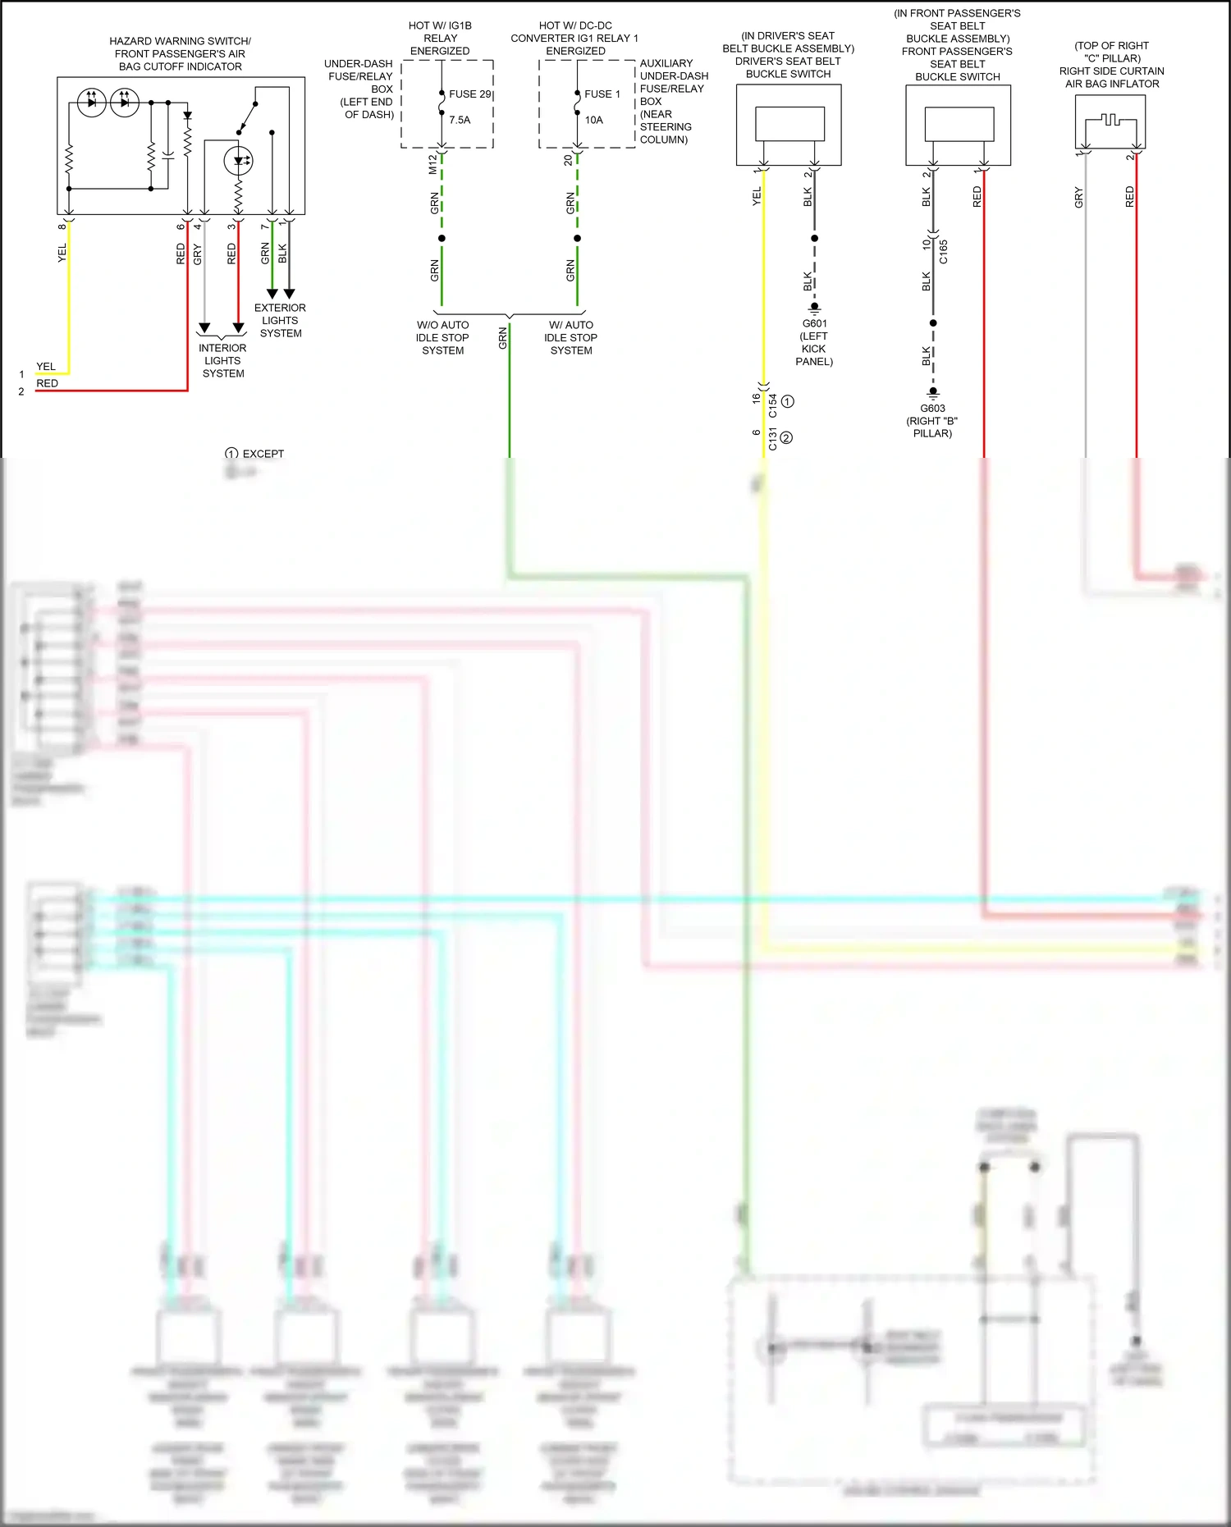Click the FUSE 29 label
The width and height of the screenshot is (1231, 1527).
469,94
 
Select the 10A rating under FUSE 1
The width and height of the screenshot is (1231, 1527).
593,120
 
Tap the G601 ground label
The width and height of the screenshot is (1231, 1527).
814,323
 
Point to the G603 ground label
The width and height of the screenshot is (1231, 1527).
932,408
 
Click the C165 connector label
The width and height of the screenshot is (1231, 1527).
944,251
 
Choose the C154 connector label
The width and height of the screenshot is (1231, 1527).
773,405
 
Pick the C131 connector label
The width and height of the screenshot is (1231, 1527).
773,440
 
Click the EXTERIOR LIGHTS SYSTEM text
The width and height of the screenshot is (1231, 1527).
280,321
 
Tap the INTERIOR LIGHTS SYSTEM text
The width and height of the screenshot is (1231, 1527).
222,361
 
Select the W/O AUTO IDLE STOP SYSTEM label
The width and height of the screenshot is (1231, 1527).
442,338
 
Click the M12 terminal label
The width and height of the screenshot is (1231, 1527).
432,164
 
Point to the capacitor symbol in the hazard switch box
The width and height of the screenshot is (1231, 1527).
168,153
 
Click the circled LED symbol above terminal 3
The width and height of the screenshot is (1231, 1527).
239,161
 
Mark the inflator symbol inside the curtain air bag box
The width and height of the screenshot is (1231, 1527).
1110,121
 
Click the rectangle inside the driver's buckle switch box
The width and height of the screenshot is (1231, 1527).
789,124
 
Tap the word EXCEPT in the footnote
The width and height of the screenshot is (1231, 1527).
263,454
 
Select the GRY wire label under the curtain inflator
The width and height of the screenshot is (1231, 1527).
1078,198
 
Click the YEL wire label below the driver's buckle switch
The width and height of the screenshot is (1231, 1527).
757,196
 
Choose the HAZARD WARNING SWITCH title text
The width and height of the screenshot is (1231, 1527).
180,41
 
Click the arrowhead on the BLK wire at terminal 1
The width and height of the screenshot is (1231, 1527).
289,294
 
